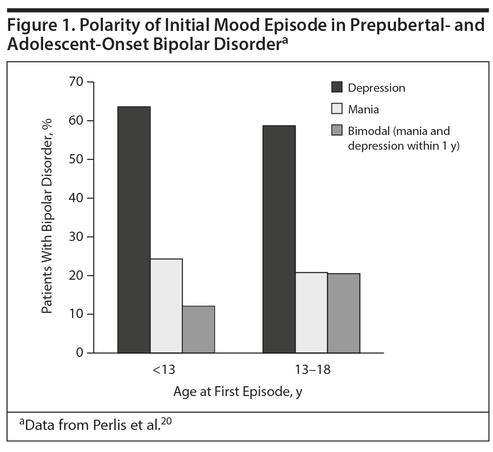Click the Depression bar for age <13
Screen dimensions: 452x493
(x=134, y=230)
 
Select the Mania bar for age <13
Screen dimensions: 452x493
(x=166, y=306)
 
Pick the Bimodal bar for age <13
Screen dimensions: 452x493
(x=198, y=329)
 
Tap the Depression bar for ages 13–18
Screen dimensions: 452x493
(x=279, y=239)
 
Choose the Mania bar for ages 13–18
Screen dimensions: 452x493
(x=311, y=313)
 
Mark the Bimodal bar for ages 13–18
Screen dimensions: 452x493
(x=344, y=313)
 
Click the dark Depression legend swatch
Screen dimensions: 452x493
(x=337, y=88)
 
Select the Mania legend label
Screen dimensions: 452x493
(x=363, y=109)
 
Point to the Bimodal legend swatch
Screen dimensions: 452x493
(x=337, y=131)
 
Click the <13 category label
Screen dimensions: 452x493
(x=166, y=370)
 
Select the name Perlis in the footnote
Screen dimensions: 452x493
(x=115, y=425)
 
